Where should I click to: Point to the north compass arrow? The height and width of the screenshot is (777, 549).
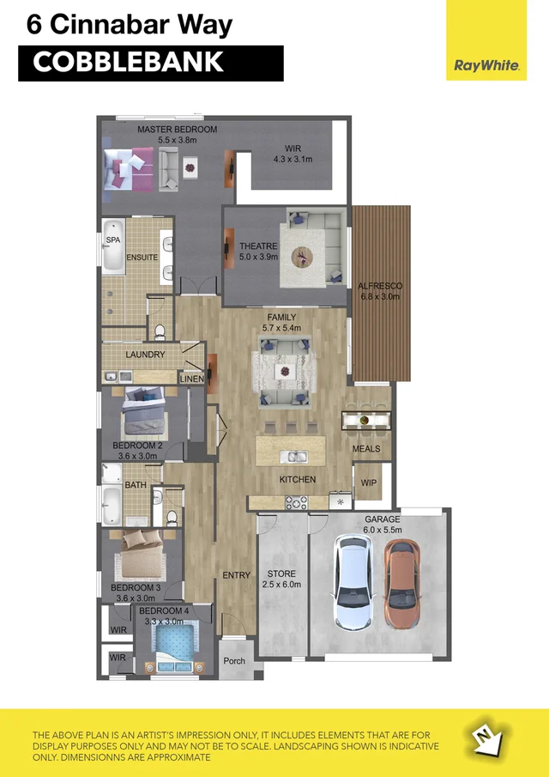click(x=486, y=737)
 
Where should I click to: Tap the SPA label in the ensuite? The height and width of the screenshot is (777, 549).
click(x=113, y=240)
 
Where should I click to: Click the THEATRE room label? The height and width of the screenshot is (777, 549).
click(x=258, y=246)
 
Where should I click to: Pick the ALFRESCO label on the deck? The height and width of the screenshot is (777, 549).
click(x=380, y=286)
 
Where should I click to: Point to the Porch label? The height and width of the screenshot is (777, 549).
click(x=234, y=661)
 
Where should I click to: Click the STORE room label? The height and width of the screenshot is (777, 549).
click(x=281, y=574)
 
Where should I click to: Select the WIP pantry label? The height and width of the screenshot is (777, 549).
click(x=369, y=483)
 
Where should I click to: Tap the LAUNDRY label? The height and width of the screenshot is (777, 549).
click(x=145, y=354)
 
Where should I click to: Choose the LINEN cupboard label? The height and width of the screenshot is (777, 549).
click(x=191, y=379)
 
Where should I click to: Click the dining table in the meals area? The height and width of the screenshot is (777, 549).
click(x=367, y=421)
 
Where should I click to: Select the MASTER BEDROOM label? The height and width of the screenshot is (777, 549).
click(x=178, y=129)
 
